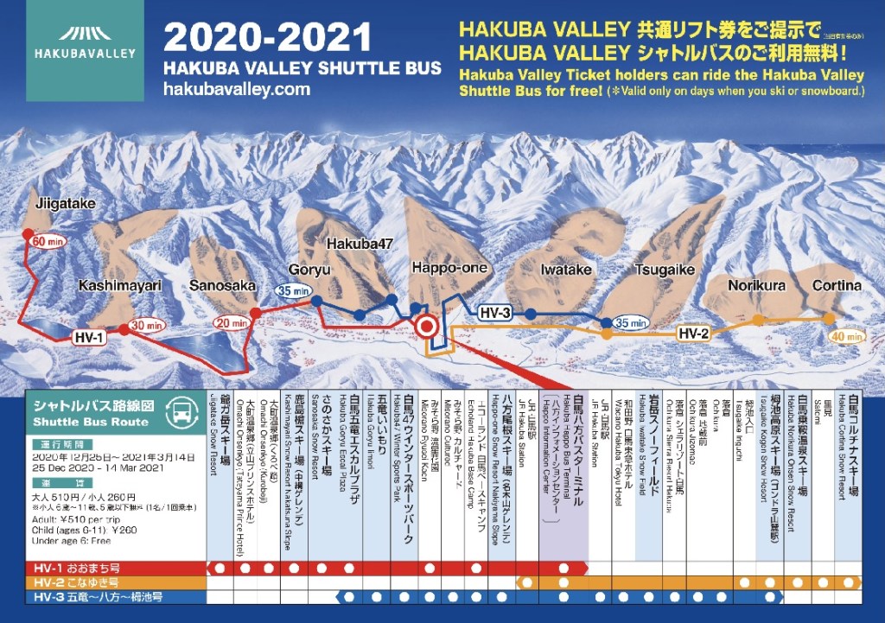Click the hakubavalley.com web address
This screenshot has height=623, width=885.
pyautogui.click(x=235, y=89)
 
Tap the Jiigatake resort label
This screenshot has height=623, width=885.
pyautogui.click(x=66, y=204)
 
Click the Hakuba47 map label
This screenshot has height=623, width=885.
pyautogui.click(x=360, y=245)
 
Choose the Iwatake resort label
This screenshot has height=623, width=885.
pyautogui.click(x=565, y=270)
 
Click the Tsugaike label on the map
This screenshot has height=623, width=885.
pyautogui.click(x=665, y=270)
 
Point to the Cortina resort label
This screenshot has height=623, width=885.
pyautogui.click(x=836, y=285)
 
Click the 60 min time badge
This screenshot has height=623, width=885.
pyautogui.click(x=48, y=242)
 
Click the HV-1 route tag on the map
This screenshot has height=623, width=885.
pyautogui.click(x=89, y=336)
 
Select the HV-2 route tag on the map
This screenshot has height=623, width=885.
pyautogui.click(x=693, y=333)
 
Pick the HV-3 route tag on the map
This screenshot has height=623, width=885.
pyautogui.click(x=496, y=313)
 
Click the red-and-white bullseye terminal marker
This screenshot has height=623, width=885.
pyautogui.click(x=426, y=327)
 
